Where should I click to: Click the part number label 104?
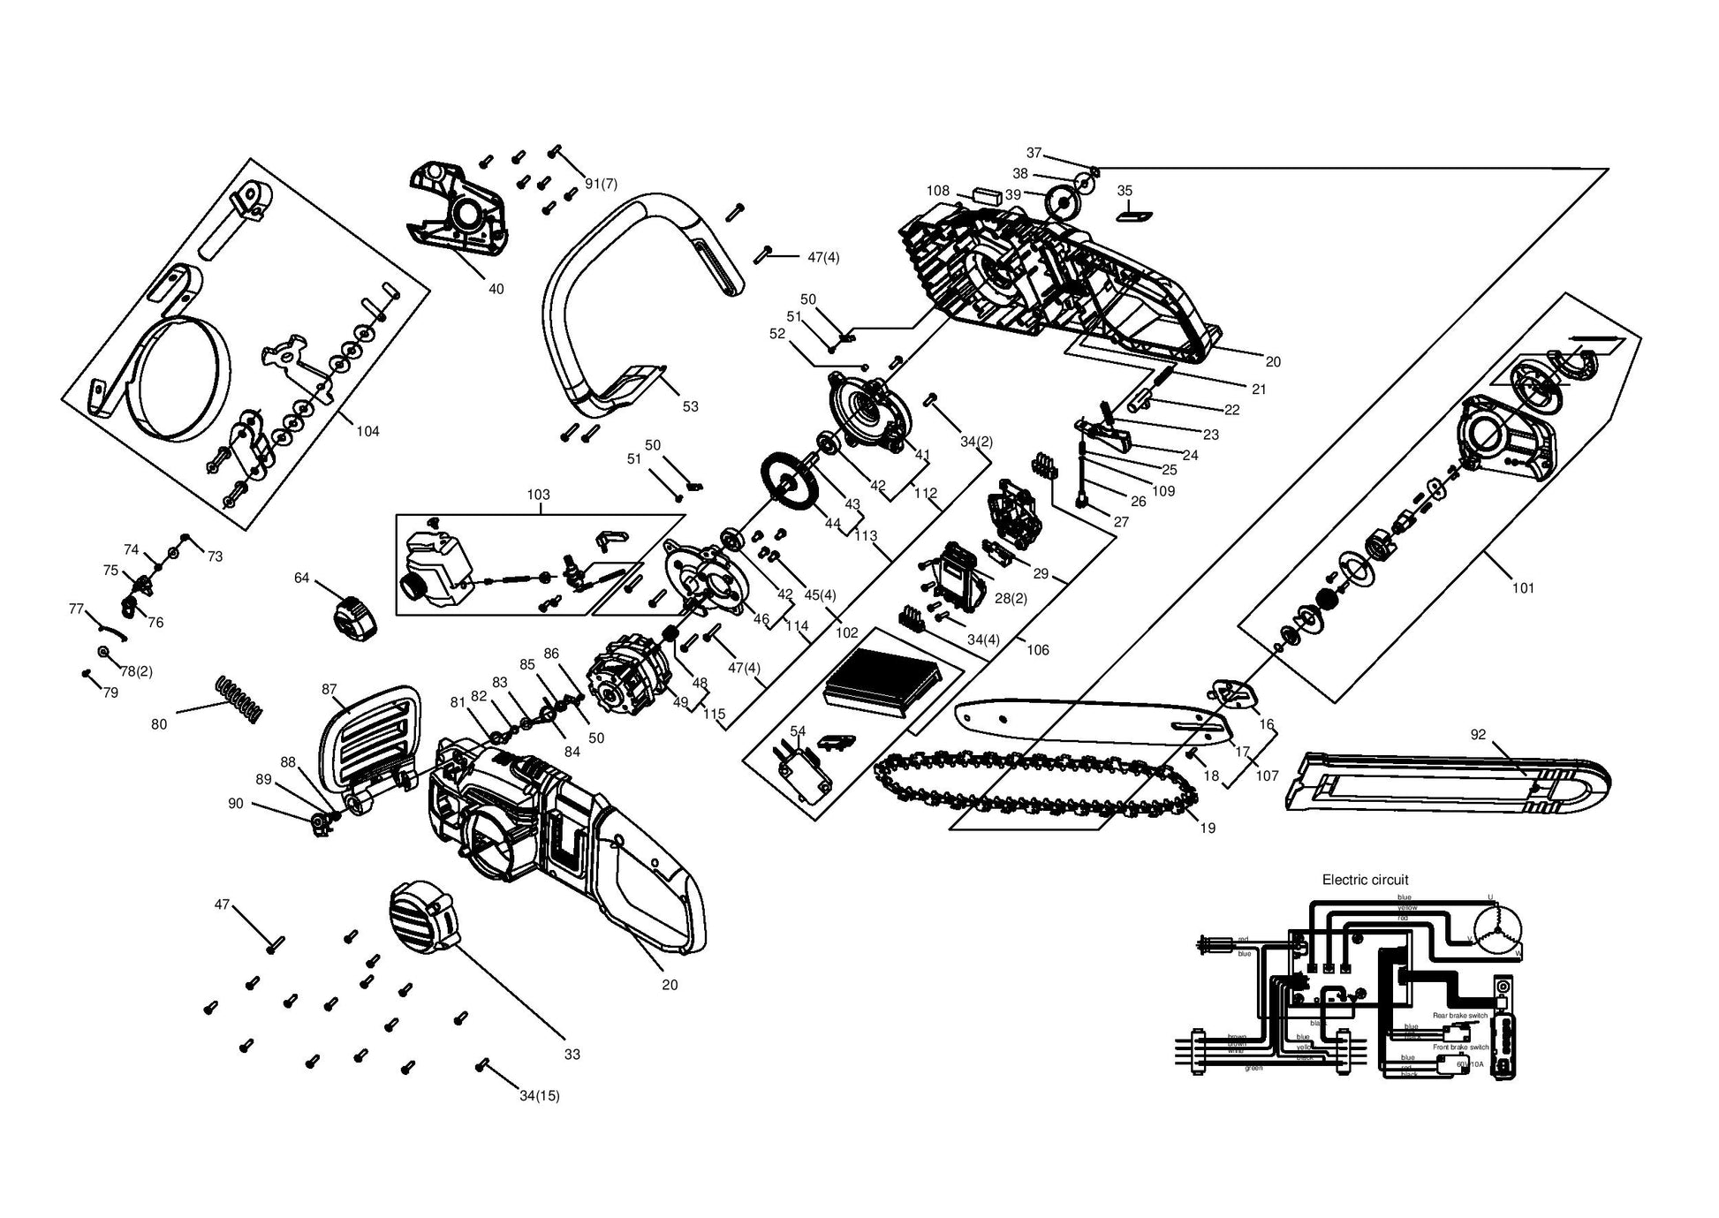[367, 431]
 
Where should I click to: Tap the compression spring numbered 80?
[239, 698]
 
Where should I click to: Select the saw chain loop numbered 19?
[1034, 785]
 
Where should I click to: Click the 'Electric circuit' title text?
[1365, 880]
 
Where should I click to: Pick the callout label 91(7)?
[601, 184]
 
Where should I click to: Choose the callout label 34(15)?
[539, 1096]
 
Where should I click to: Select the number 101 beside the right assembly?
[1523, 587]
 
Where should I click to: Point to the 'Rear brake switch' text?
[1460, 1016]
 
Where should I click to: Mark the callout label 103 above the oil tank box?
[538, 495]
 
